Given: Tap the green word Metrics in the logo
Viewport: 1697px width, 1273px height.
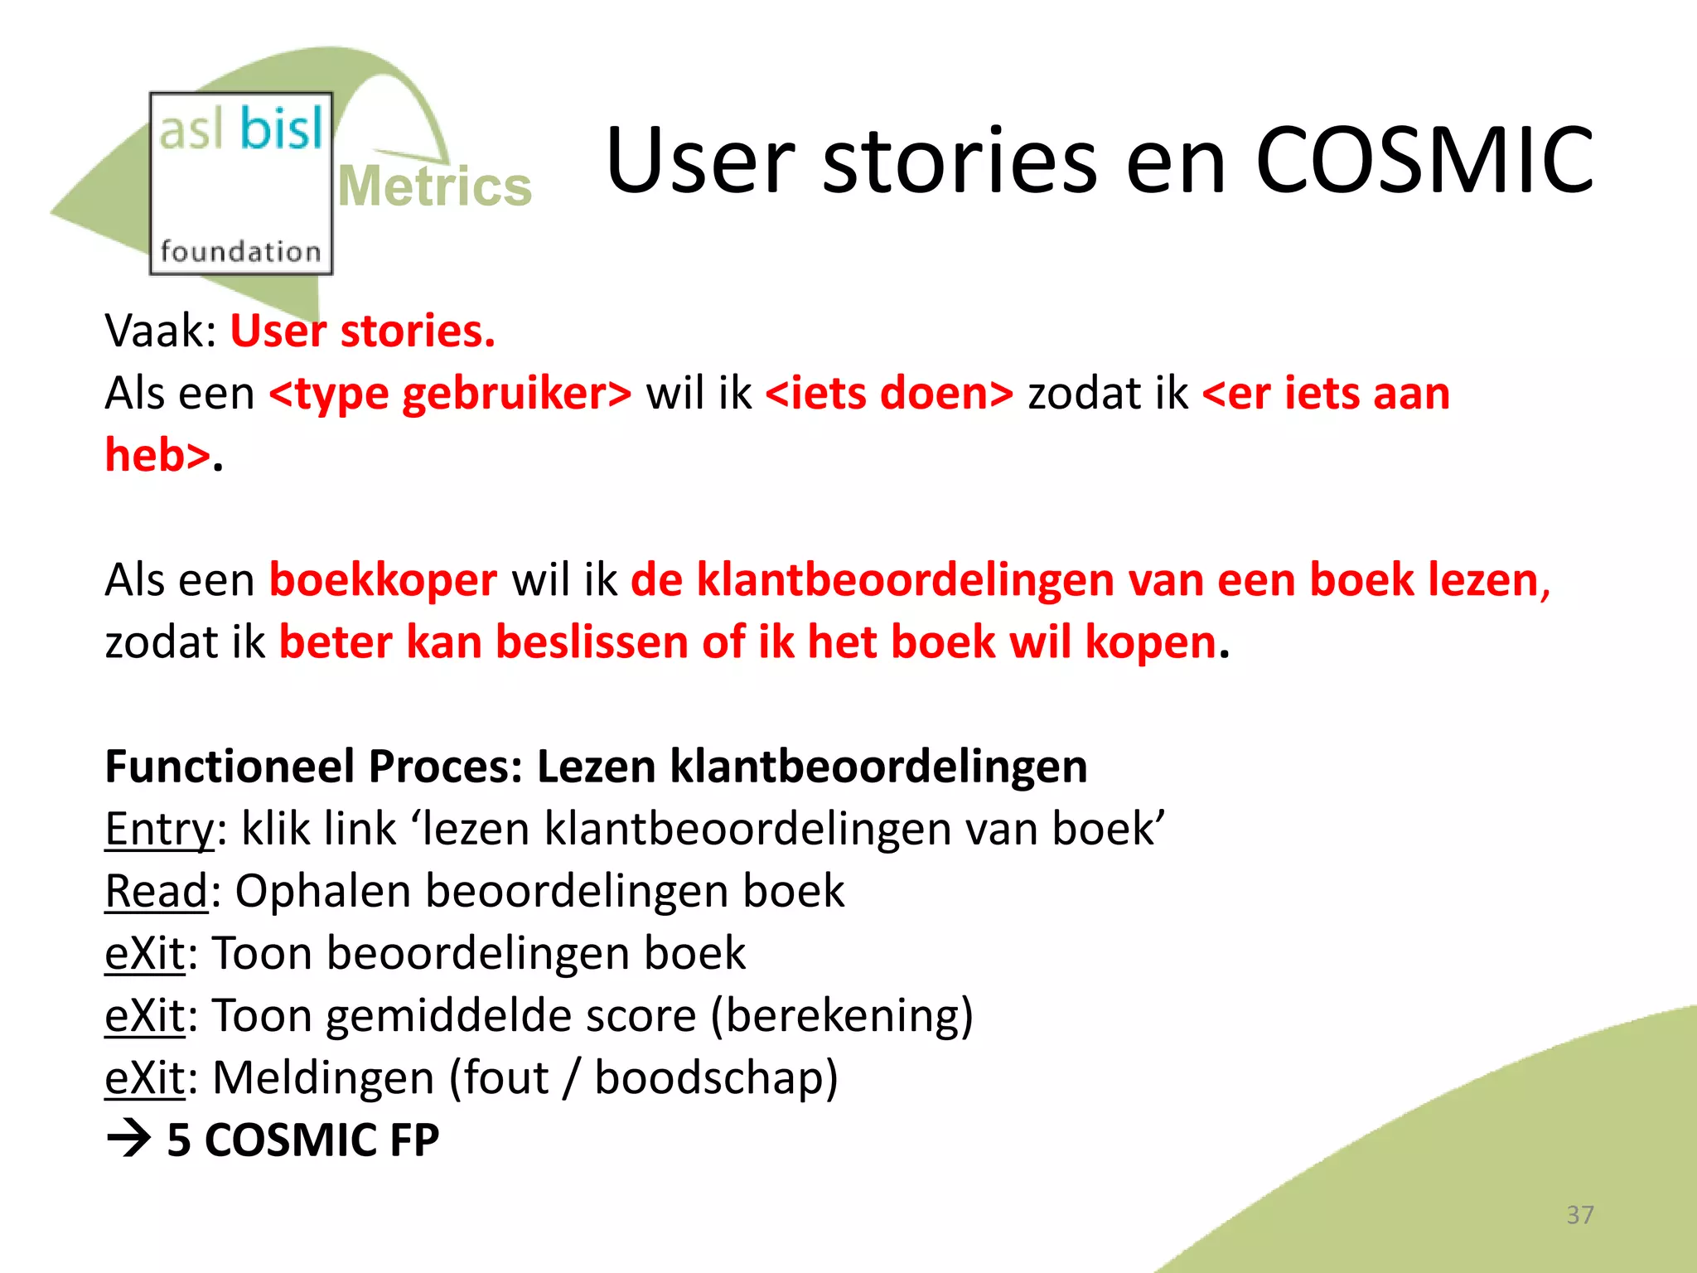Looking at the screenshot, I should point(434,186).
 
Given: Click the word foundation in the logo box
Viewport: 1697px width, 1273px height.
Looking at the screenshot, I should point(240,251).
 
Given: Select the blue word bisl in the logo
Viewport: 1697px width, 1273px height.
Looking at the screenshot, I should point(281,130).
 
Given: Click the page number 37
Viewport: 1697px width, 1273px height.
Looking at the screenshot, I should point(1579,1215).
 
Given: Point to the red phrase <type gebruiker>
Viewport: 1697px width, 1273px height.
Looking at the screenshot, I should point(450,394).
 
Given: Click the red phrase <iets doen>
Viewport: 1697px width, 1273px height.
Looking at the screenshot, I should point(889,394).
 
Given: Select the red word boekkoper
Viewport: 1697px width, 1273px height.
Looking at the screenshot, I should point(383,580).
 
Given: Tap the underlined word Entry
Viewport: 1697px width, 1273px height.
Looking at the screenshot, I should point(159,829).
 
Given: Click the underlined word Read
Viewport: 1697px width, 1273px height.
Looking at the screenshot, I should point(156,892).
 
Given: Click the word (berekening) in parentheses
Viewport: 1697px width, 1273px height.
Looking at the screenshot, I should point(842,1016).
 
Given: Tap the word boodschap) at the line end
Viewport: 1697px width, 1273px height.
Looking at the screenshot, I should point(716,1078).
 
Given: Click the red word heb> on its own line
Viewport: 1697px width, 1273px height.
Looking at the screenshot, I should point(157,456).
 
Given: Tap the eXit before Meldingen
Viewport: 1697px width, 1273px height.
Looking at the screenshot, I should point(145,1078).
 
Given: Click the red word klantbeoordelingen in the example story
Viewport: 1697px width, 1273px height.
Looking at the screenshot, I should point(905,580).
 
